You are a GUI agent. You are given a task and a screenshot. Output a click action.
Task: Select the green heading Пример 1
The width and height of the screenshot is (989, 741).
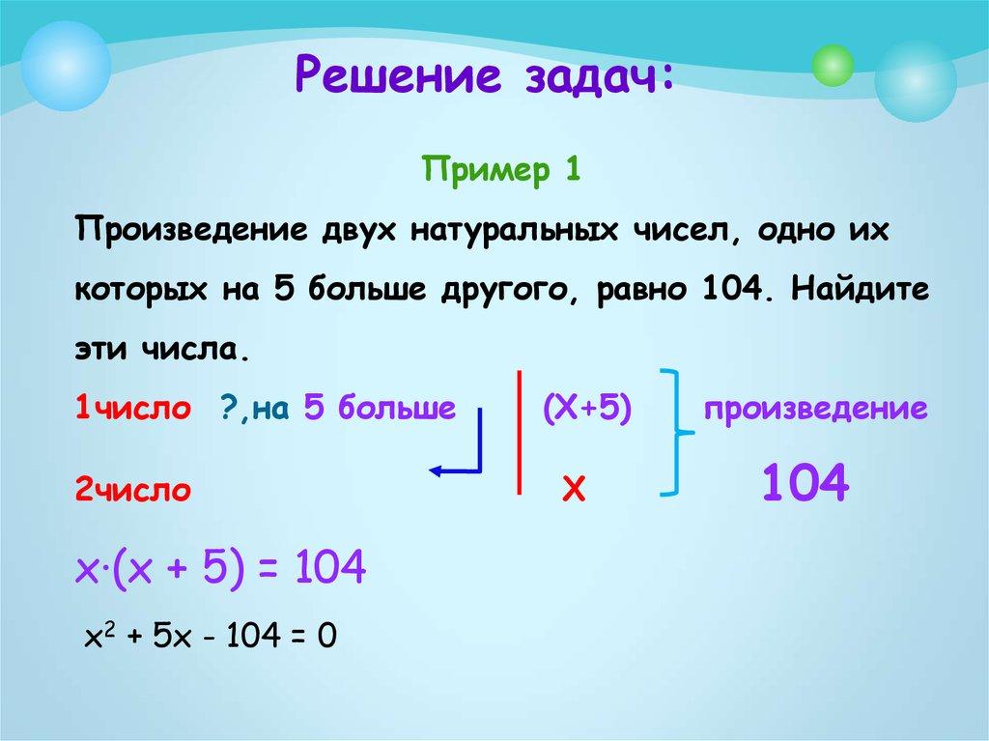pyautogui.click(x=501, y=173)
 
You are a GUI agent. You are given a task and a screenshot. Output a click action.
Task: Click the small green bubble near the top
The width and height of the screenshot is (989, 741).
pyautogui.click(x=833, y=67)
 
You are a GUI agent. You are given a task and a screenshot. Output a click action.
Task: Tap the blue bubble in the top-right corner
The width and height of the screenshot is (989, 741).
pyautogui.click(x=915, y=80)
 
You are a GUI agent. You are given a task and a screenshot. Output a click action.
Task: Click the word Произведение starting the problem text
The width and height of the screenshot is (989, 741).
pyautogui.click(x=186, y=235)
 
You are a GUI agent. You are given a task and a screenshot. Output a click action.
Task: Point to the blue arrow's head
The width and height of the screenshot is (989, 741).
pyautogui.click(x=435, y=470)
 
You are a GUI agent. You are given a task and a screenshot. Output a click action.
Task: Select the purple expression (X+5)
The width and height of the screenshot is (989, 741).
pyautogui.click(x=586, y=409)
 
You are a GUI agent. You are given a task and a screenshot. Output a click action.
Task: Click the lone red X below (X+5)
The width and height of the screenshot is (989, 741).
pyautogui.click(x=575, y=491)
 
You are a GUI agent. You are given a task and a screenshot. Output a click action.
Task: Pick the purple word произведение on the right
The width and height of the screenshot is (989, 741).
pyautogui.click(x=815, y=409)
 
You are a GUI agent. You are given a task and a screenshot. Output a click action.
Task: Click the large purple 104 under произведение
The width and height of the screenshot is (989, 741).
pyautogui.click(x=805, y=482)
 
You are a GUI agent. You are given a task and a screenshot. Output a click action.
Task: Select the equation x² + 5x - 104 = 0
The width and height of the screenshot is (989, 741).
pyautogui.click(x=210, y=637)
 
